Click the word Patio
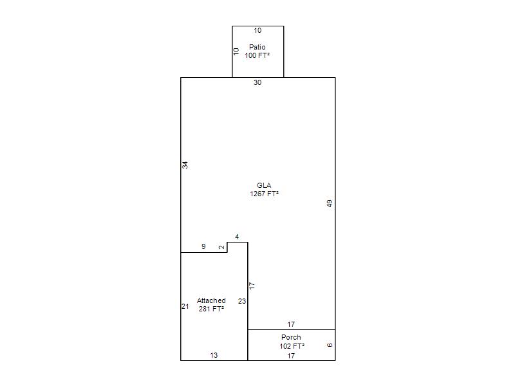pyautogui.click(x=257, y=47)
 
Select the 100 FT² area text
pyautogui.click(x=257, y=55)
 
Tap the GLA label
pyautogui.click(x=264, y=185)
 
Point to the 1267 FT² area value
pyautogui.click(x=264, y=194)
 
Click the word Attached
pyautogui.click(x=211, y=300)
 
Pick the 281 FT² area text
pyautogui.click(x=211, y=309)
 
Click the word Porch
pyautogui.click(x=291, y=337)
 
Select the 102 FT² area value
pyautogui.click(x=292, y=346)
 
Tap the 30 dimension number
pyautogui.click(x=257, y=83)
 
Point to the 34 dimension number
pyautogui.click(x=185, y=165)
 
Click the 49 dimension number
pyautogui.click(x=330, y=203)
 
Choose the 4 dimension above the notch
pyautogui.click(x=237, y=237)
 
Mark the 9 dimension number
pyautogui.click(x=203, y=246)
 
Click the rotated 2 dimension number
pyautogui.click(x=222, y=247)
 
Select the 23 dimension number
pyautogui.click(x=242, y=301)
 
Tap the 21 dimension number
pyautogui.click(x=185, y=307)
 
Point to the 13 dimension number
pyautogui.click(x=214, y=355)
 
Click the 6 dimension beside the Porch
pyautogui.click(x=330, y=345)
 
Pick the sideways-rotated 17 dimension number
pyautogui.click(x=252, y=286)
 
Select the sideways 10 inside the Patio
pyautogui.click(x=236, y=51)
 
